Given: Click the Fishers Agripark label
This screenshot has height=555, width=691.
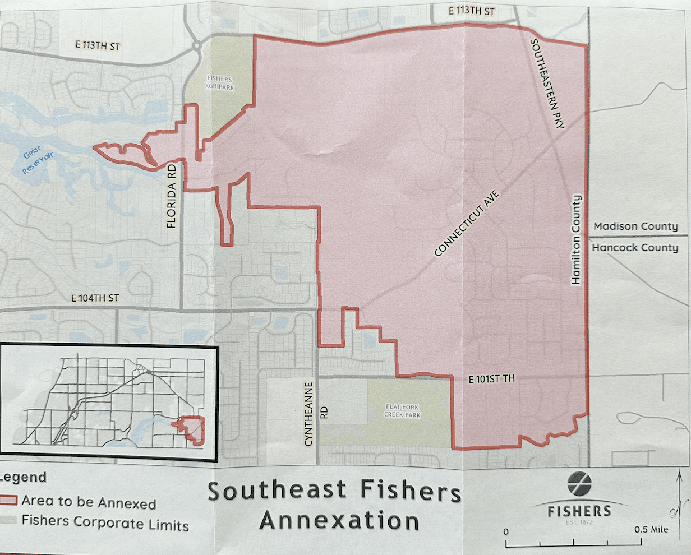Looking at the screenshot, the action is pyautogui.click(x=220, y=84).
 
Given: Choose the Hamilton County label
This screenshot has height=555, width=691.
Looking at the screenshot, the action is pyautogui.click(x=577, y=239).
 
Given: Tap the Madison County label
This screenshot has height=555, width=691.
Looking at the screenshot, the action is pyautogui.click(x=635, y=226).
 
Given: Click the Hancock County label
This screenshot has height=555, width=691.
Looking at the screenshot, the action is pyautogui.click(x=635, y=247).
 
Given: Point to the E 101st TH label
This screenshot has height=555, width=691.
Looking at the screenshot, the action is pyautogui.click(x=491, y=380).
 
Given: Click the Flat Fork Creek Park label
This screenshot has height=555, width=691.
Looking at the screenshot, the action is pyautogui.click(x=402, y=411).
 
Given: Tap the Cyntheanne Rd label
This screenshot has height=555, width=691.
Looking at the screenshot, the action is pyautogui.click(x=316, y=414).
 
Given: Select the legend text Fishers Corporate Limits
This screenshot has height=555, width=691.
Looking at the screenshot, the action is pyautogui.click(x=105, y=523).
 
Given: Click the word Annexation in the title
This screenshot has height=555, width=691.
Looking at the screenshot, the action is pyautogui.click(x=339, y=520).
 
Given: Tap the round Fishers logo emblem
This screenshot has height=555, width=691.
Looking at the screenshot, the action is pyautogui.click(x=579, y=484).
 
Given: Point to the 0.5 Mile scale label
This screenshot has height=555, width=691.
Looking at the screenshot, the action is pyautogui.click(x=651, y=529).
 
